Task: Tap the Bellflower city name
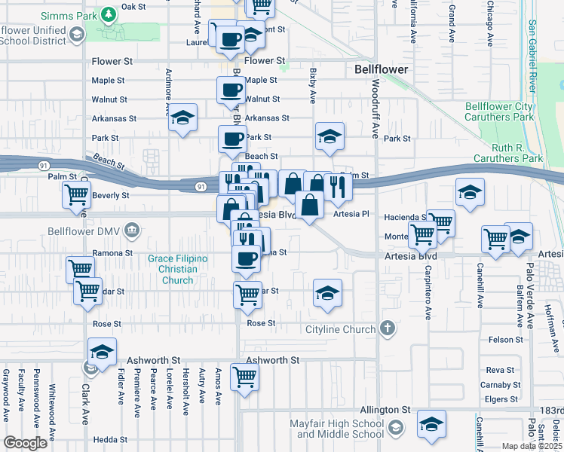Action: tap(382, 69)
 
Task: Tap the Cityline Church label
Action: tap(340, 329)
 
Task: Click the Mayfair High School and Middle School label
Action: tap(337, 429)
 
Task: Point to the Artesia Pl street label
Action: tap(352, 214)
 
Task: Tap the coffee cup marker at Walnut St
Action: tap(231, 90)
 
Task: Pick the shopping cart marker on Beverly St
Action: tap(77, 194)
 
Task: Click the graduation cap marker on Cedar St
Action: tap(326, 292)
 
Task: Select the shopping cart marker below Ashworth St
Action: tap(244, 375)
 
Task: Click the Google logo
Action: tap(25, 443)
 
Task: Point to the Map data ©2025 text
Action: tap(531, 446)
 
